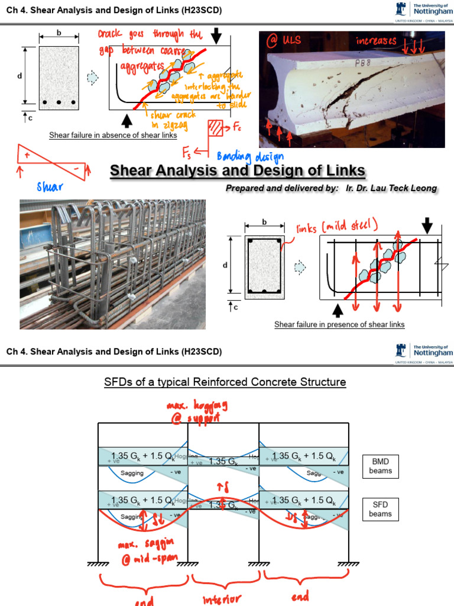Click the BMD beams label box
[x=381, y=466]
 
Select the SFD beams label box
[x=380, y=508]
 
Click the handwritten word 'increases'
[x=376, y=41]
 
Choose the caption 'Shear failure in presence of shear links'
[x=339, y=324]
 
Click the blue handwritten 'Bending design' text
[x=251, y=156]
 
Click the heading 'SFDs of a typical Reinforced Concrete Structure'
[x=225, y=382]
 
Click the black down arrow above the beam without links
[x=218, y=36]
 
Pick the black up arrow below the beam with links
[x=338, y=310]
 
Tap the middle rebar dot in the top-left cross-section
[x=59, y=102]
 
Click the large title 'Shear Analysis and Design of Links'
[x=238, y=171]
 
